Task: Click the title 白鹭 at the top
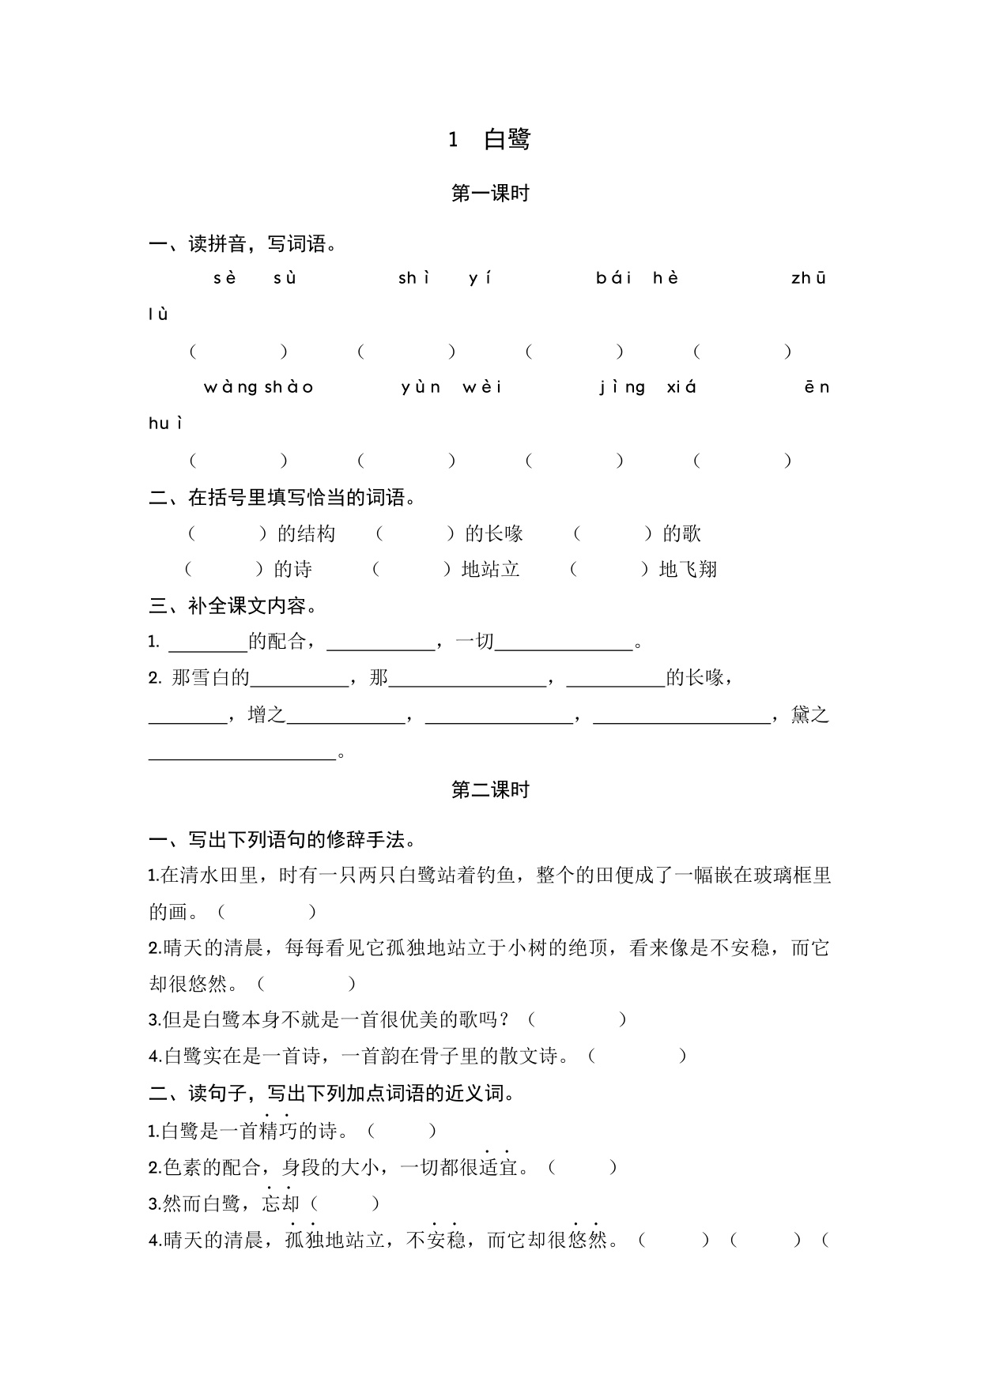(x=507, y=140)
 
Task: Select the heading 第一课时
(x=490, y=194)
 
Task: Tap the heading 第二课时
(x=490, y=790)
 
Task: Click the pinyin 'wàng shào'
(x=259, y=387)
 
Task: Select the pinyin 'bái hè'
(x=637, y=278)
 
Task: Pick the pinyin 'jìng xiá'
(x=648, y=387)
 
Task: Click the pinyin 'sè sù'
(x=255, y=278)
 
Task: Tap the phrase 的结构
(x=307, y=534)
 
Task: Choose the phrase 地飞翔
(x=688, y=570)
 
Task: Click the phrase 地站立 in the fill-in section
(x=490, y=570)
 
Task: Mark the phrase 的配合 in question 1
(x=277, y=642)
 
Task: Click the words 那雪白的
(x=210, y=678)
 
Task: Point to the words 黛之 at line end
(x=809, y=715)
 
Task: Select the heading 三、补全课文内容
(x=233, y=606)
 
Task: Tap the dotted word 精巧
(x=277, y=1132)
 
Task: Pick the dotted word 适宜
(x=497, y=1167)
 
